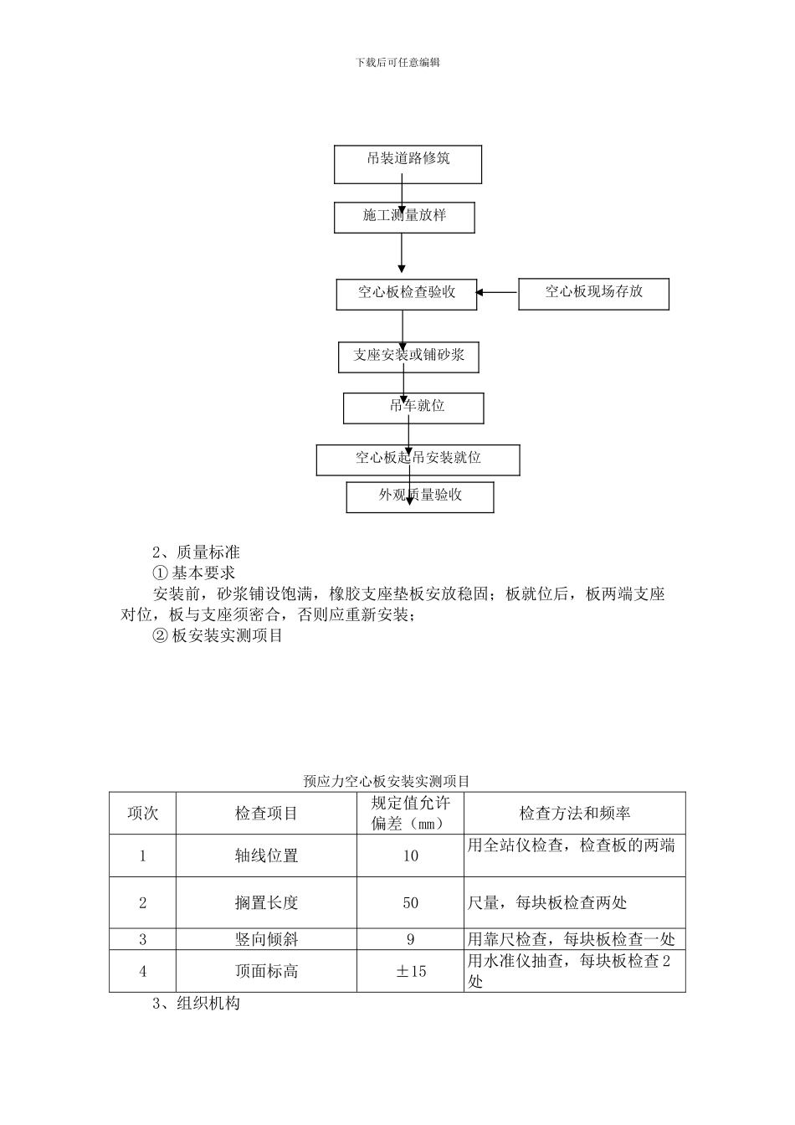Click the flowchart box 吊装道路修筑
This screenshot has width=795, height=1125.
point(408,164)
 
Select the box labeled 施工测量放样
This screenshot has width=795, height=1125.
point(404,217)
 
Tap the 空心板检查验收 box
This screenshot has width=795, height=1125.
point(407,293)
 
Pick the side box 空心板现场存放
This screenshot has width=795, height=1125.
point(593,293)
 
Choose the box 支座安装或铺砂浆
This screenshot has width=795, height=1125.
point(408,356)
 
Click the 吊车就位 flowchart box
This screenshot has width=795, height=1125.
point(413,408)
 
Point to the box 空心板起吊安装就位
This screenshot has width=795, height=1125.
point(418,460)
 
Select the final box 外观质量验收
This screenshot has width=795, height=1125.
point(420,496)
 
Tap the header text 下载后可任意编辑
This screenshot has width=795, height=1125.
point(397,63)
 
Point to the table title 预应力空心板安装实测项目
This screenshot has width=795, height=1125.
point(387,781)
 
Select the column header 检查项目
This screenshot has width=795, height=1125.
point(266,813)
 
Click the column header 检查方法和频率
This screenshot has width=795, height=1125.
point(574,813)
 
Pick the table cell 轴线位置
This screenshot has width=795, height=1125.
point(266,855)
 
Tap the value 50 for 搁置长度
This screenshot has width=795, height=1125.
point(410,902)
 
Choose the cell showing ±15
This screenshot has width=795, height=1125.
point(410,971)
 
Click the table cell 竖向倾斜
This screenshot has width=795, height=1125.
point(266,939)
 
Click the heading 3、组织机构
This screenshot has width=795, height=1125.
point(196,1003)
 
